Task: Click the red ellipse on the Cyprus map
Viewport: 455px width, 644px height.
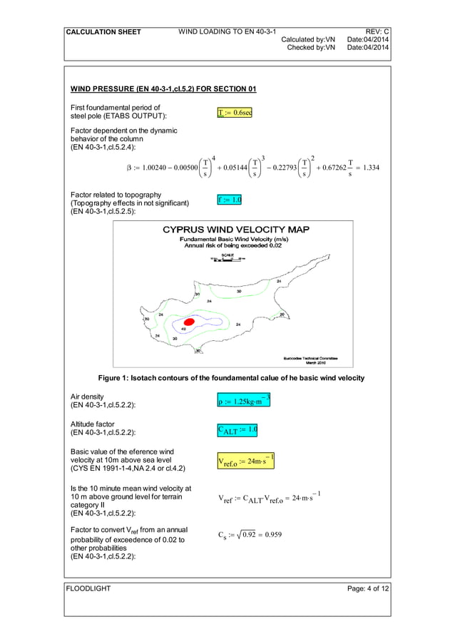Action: (189, 323)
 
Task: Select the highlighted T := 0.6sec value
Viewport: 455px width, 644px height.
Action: (235, 112)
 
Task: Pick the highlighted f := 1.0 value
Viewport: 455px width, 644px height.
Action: (230, 200)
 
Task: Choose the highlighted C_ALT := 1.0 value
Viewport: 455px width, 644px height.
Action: (237, 430)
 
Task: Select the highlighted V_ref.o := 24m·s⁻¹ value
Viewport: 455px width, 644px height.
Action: (245, 461)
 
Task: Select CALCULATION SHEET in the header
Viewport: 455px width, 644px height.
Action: (103, 32)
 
